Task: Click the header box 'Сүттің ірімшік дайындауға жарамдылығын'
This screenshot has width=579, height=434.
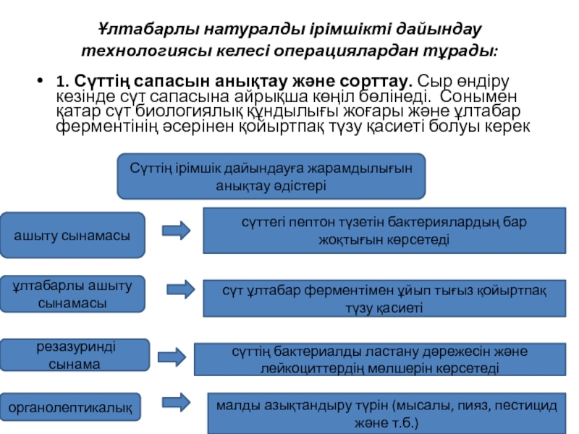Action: click(271, 176)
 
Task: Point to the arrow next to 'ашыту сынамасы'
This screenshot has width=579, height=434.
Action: click(176, 230)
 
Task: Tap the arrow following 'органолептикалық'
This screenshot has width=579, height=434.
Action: click(178, 401)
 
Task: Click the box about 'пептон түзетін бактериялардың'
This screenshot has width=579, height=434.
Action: click(384, 229)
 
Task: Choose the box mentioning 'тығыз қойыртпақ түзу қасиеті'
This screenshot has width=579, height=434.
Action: click(384, 298)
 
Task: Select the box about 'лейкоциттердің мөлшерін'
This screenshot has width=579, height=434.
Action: click(380, 359)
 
